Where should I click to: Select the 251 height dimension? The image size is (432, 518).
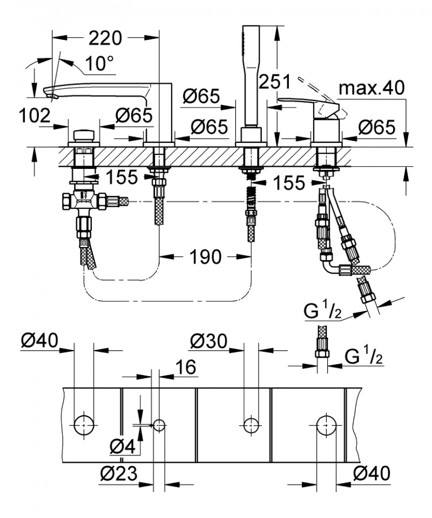(x=274, y=81)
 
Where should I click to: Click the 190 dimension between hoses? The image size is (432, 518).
(x=206, y=257)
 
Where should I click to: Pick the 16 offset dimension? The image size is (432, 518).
(x=185, y=368)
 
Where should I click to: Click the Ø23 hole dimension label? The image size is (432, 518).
(x=119, y=474)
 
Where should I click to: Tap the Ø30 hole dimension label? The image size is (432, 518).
(x=210, y=341)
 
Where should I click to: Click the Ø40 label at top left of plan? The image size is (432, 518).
(x=39, y=341)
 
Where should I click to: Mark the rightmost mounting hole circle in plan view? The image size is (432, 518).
(x=326, y=425)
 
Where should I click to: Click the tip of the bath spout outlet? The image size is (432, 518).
(x=52, y=97)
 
